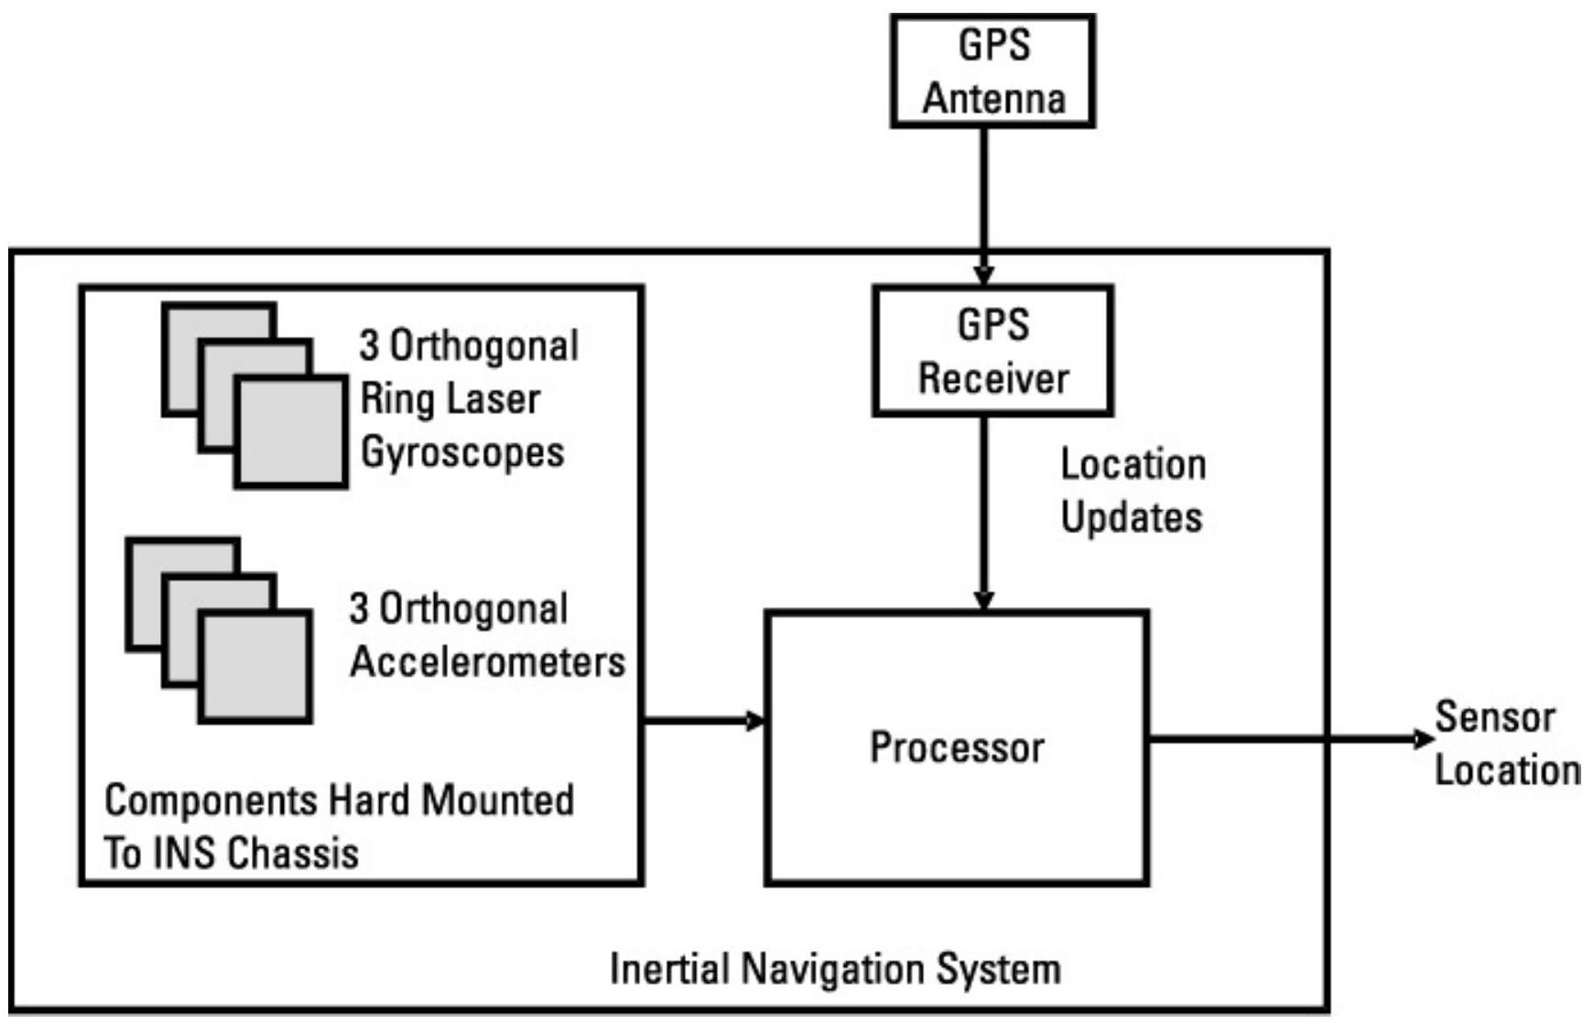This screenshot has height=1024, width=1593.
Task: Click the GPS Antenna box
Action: coord(992,71)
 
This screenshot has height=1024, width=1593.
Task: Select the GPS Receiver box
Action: coord(992,351)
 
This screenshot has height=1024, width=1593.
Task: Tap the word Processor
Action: coord(957,747)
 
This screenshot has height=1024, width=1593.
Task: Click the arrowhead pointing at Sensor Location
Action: coord(1421,738)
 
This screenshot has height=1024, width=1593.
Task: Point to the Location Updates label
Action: coord(1132,491)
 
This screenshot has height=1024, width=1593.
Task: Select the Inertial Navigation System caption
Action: coord(835,969)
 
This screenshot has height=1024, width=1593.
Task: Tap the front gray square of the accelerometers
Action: coord(255,667)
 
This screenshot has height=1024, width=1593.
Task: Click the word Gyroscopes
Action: coord(462,452)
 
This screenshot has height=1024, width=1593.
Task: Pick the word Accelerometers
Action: coord(487,661)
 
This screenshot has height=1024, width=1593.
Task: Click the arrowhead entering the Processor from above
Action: coord(983,601)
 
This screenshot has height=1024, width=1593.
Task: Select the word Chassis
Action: coord(293,854)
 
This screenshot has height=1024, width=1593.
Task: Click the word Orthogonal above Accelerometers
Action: coord(473,609)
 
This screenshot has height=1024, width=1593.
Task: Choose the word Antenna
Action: coord(993,98)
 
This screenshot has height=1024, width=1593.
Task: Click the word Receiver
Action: coord(993,378)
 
